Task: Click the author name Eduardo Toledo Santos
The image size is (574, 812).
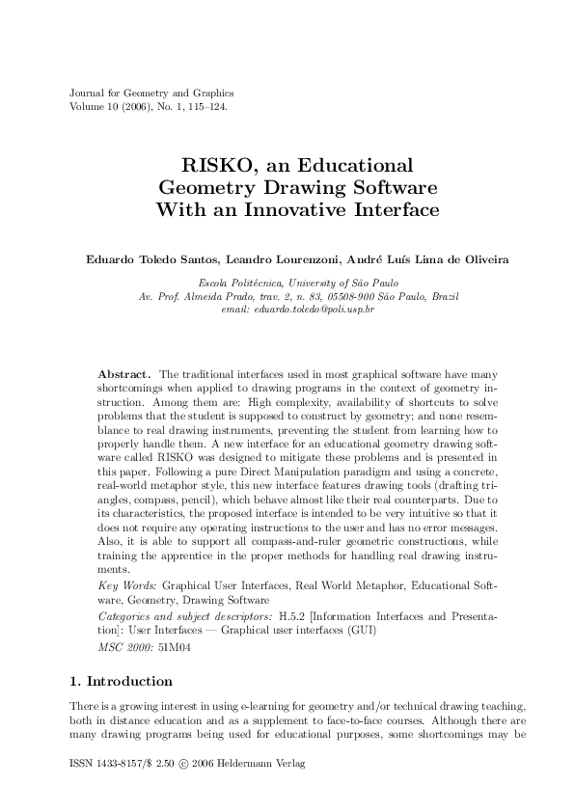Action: tap(139, 258)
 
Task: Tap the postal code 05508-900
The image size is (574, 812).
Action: tap(361, 295)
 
